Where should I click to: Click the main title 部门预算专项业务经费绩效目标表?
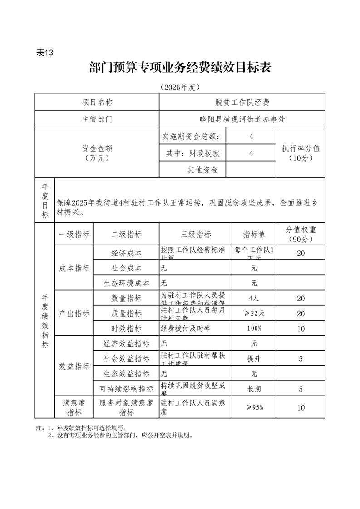point(180,69)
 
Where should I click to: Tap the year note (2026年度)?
point(180,87)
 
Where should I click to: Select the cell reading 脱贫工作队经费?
point(242,103)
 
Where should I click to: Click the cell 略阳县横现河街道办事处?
point(242,119)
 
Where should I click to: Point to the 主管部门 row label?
point(97,119)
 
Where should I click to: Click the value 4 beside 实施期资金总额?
point(251,137)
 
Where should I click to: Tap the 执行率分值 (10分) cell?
point(301,153)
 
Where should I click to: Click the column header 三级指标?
point(196,234)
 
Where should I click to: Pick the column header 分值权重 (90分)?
point(301,234)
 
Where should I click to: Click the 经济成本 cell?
point(126,253)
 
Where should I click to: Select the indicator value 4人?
point(254,299)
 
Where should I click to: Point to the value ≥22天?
point(254,313)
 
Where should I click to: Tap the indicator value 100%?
point(254,328)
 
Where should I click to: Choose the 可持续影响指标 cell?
point(126,389)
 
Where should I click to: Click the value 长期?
point(254,389)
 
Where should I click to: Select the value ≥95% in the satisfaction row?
point(254,407)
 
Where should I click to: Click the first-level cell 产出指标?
point(74,313)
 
